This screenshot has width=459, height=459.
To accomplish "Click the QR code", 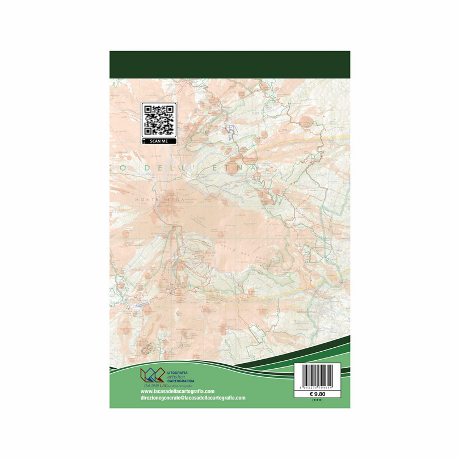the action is tap(158, 119).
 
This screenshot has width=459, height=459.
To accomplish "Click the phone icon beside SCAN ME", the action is tap(145, 141).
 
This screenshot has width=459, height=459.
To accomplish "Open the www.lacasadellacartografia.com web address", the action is tap(176, 391).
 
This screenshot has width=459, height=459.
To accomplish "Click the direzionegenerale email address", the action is tap(192, 398).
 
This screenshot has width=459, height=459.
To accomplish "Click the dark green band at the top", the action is tap(229, 64).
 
